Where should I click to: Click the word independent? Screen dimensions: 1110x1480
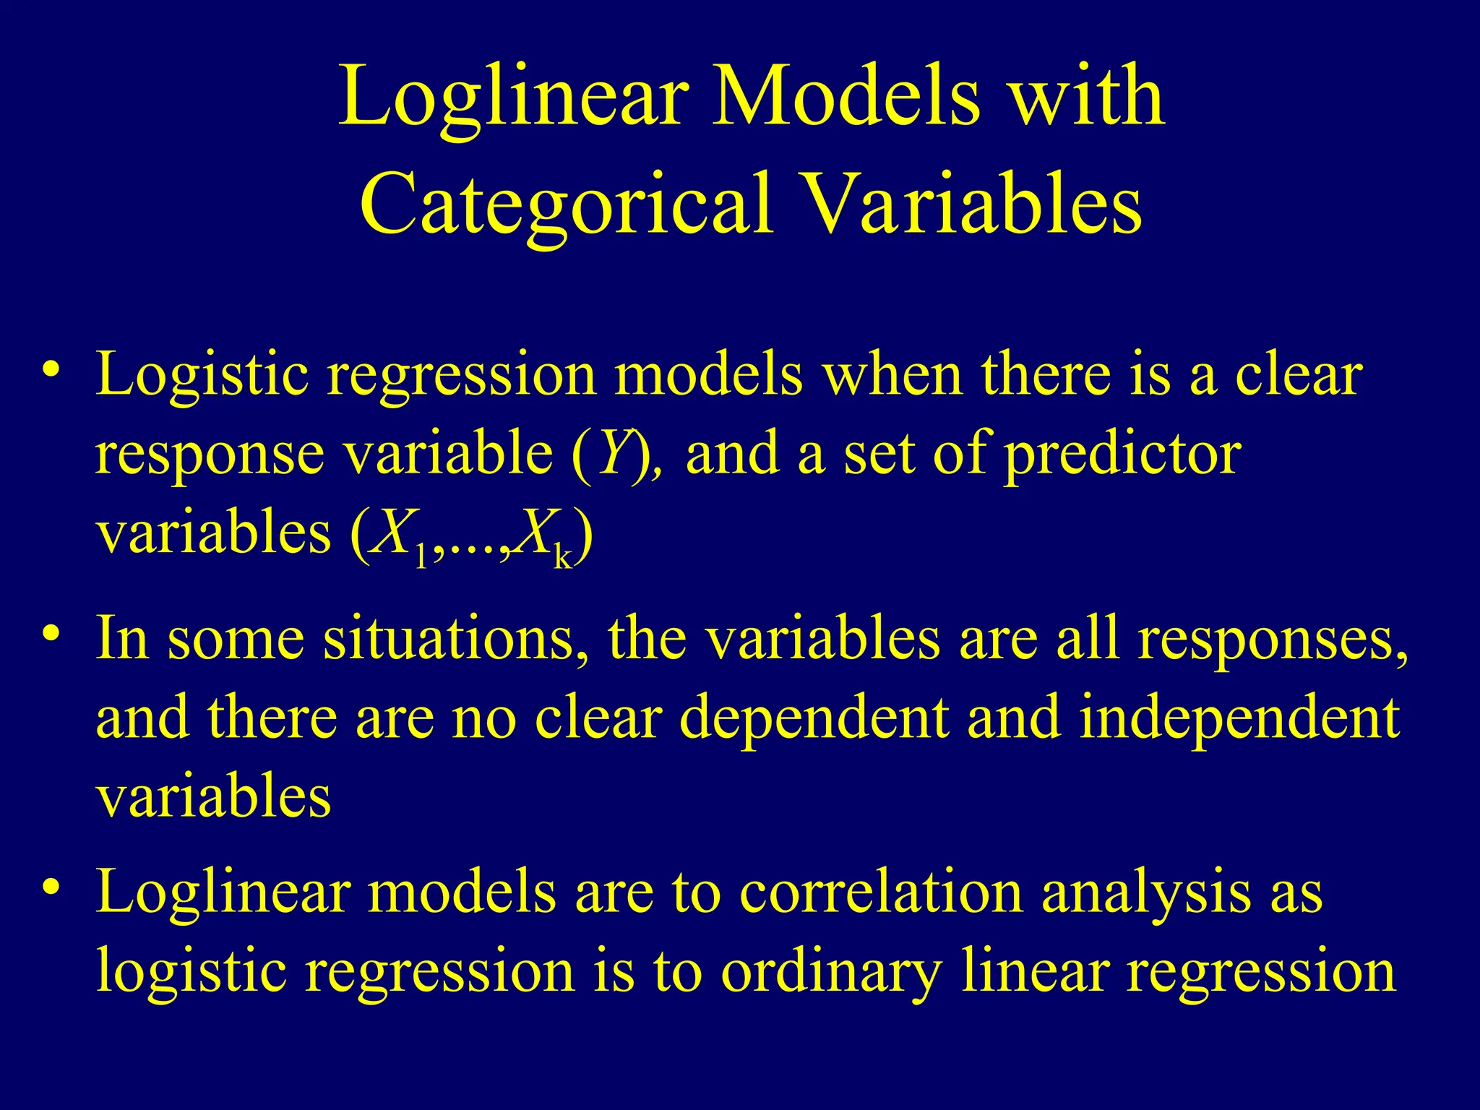click(x=1239, y=720)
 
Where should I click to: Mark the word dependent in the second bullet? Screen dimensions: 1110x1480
click(x=814, y=720)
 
